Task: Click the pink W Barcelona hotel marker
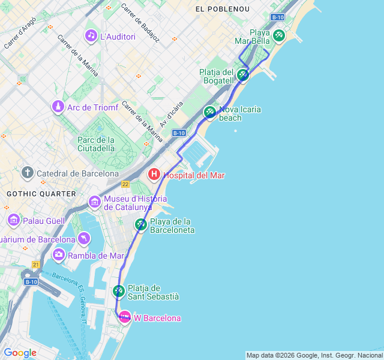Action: [125, 317]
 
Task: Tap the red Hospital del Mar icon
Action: [154, 175]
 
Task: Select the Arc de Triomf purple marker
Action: [58, 107]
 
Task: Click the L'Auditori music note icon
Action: [91, 36]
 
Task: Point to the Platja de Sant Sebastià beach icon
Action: [119, 292]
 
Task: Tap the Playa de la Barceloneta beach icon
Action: [140, 224]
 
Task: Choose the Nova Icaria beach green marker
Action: [209, 112]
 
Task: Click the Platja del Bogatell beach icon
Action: [242, 75]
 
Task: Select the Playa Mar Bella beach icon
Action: [278, 35]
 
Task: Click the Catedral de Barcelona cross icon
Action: [27, 173]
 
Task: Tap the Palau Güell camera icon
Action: [14, 221]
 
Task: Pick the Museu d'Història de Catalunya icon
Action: [94, 202]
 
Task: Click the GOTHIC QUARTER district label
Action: [41, 194]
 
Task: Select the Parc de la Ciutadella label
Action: [96, 144]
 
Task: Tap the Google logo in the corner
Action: [20, 353]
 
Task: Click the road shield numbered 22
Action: [125, 184]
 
